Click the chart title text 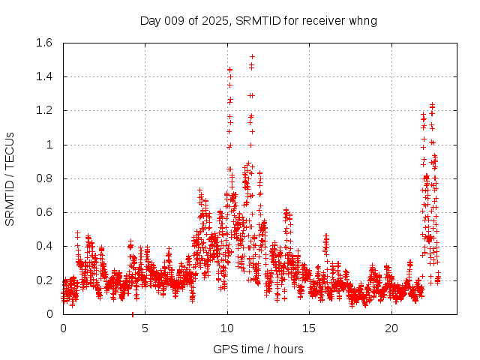pyautogui.click(x=258, y=20)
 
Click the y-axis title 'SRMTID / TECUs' pyautogui.click(x=10, y=178)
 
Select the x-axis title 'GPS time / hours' pyautogui.click(x=257, y=349)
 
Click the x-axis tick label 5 pyautogui.click(x=145, y=328)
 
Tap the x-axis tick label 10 pyautogui.click(x=228, y=328)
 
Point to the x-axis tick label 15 pyautogui.click(x=310, y=328)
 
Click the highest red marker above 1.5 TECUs pyautogui.click(x=252, y=56)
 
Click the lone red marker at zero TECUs pyautogui.click(x=133, y=314)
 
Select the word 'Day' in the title pyautogui.click(x=151, y=20)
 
